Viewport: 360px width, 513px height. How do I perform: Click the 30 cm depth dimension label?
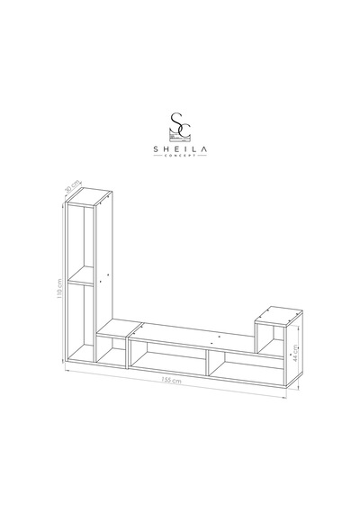pos(73,186)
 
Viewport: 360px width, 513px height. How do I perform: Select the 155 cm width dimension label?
pos(171,380)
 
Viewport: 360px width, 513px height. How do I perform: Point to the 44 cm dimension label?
pos(295,353)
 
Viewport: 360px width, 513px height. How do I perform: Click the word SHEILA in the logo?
pos(180,149)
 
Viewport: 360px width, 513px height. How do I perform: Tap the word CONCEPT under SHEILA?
pos(180,155)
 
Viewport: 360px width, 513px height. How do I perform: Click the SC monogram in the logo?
pos(180,125)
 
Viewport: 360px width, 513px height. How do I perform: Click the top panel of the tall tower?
pos(89,196)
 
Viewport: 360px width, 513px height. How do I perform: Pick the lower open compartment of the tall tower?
pos(81,322)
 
